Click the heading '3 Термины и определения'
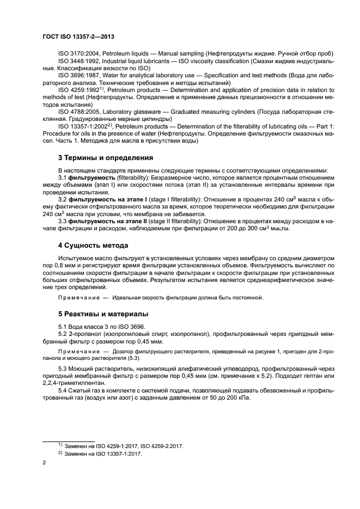click(102, 158)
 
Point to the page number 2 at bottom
click(44, 462)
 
